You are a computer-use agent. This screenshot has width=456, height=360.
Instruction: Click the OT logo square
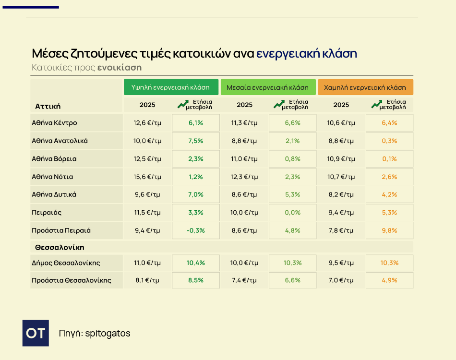(36, 333)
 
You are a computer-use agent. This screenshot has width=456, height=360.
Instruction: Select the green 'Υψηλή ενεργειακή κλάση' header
(171, 87)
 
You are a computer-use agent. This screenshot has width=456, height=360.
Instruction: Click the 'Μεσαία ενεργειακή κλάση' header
(268, 87)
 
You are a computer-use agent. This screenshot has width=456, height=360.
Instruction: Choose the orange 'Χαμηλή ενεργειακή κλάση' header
(365, 87)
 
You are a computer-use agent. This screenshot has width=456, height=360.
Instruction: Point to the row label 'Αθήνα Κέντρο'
(54, 123)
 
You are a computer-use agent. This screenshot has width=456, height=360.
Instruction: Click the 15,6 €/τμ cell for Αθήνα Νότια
(147, 177)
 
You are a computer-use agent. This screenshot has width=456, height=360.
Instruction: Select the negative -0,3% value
(196, 230)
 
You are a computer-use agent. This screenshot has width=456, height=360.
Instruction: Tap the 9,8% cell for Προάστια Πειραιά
(389, 230)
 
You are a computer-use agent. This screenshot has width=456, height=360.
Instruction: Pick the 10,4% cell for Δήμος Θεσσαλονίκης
(196, 263)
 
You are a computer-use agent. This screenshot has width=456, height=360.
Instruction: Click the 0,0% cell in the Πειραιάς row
(292, 213)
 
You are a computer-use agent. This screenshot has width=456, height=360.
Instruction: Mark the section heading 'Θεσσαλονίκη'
(60, 247)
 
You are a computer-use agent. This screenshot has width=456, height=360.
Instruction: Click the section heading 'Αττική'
(48, 106)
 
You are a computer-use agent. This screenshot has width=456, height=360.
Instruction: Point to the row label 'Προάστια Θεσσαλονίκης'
(72, 280)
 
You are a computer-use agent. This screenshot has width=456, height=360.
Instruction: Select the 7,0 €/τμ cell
(341, 280)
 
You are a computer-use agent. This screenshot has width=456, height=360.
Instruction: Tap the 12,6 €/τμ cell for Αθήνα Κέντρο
(147, 123)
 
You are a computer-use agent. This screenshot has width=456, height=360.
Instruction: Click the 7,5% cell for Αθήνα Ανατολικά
(196, 141)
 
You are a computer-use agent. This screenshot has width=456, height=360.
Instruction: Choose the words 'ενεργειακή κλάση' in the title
(306, 53)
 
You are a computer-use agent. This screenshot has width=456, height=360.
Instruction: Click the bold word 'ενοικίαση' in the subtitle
(120, 67)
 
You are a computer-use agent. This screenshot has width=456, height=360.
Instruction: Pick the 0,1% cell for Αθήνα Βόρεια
(389, 159)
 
